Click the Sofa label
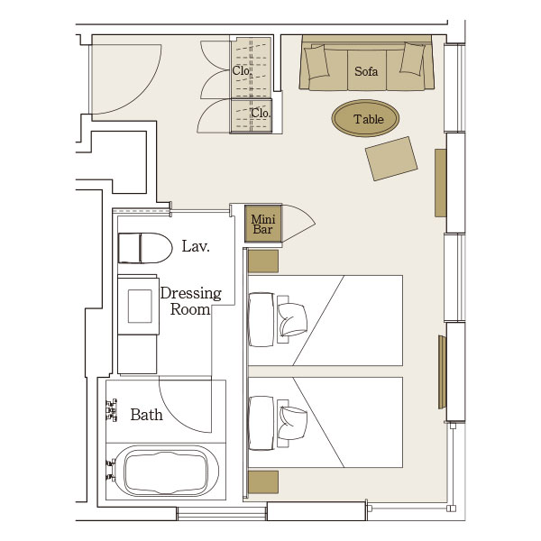366,71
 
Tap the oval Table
365,118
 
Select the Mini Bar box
263,224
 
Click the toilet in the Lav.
145,248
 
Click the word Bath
146,415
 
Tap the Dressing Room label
191,301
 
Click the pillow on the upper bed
292,319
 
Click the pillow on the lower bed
292,423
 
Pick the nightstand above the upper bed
263,261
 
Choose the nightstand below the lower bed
263,482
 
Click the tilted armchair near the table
391,159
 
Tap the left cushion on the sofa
316,61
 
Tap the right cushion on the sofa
412,59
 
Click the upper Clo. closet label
241,70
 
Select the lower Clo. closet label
261,113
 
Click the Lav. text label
196,246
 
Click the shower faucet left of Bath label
112,410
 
